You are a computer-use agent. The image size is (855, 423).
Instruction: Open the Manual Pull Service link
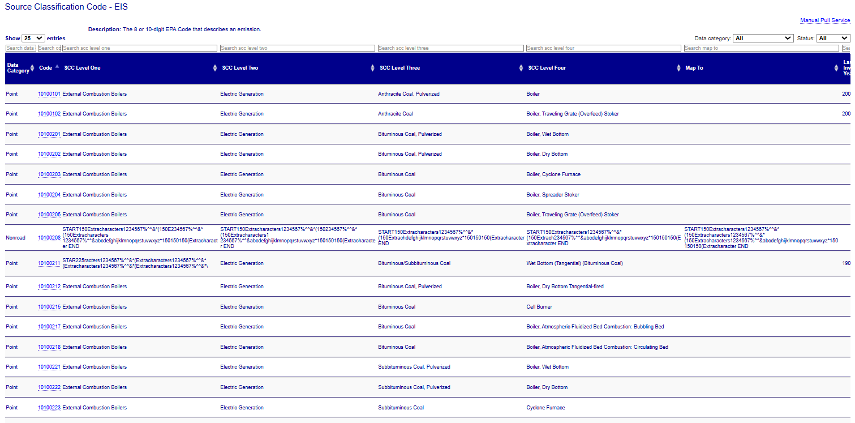coord(824,20)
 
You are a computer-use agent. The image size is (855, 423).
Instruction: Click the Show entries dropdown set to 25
coord(33,39)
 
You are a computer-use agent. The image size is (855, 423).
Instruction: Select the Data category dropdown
coord(763,39)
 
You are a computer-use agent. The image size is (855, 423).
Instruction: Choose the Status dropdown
coord(833,39)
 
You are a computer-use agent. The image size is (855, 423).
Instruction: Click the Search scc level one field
coord(140,48)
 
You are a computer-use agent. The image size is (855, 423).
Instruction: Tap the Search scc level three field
coord(450,48)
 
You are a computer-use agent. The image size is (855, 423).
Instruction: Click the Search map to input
coord(761,48)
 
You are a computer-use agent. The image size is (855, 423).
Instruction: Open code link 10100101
coord(49,94)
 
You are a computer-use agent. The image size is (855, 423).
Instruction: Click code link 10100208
coord(49,238)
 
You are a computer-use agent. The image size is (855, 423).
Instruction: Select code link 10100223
coord(49,408)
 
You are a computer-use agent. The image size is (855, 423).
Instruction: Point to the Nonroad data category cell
coord(15,238)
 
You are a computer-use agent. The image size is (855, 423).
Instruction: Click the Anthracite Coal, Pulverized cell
coord(409,94)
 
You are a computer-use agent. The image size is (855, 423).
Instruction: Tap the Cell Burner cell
coord(539,307)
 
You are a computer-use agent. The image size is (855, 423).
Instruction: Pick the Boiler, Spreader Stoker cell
coord(552,195)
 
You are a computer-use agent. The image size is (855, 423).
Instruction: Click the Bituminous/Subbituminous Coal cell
coord(414,263)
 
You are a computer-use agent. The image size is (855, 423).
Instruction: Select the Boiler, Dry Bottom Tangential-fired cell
coord(565,287)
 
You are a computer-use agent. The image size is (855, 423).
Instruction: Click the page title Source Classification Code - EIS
coord(66,7)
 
